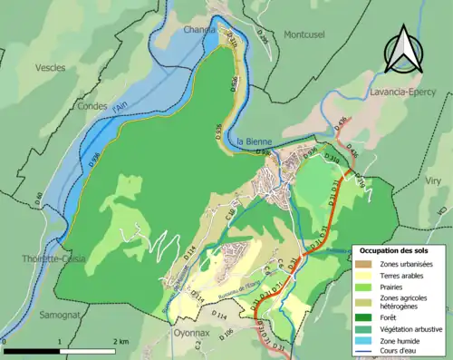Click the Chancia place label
[200, 29]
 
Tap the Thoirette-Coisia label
[34, 258]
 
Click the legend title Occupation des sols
[400, 250]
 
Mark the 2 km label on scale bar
[121, 342]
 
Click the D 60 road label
[39, 197]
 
